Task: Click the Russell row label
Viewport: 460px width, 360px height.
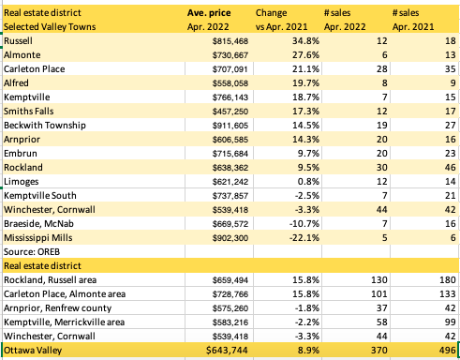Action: click(x=19, y=43)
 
